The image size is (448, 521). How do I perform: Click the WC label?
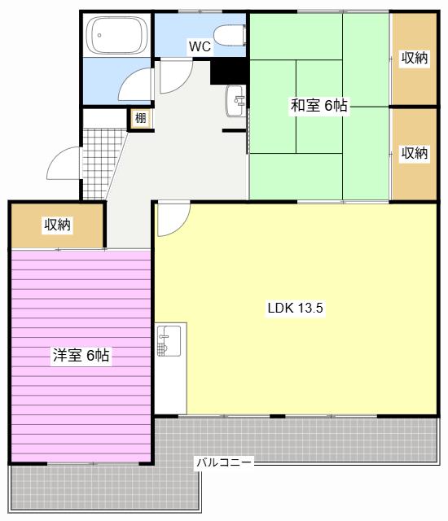[200, 46]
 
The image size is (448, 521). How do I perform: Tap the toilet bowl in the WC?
[230, 35]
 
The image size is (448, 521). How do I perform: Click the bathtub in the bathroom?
[116, 35]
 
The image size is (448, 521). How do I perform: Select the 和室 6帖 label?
[319, 105]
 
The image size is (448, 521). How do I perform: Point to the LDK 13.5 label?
[295, 308]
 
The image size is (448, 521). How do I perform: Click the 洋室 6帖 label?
[81, 355]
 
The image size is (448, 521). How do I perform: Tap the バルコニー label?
[224, 462]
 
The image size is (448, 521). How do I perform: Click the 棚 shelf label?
[140, 118]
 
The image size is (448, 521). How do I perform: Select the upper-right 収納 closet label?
[414, 58]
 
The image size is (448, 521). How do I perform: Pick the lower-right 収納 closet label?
[414, 153]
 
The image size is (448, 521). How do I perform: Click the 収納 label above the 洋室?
[58, 225]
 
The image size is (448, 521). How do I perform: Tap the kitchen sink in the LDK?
[169, 340]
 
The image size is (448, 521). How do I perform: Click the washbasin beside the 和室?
[235, 101]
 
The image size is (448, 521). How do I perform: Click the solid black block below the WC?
[228, 72]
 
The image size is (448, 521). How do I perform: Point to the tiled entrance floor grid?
[100, 164]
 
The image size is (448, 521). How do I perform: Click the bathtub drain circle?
[99, 35]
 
